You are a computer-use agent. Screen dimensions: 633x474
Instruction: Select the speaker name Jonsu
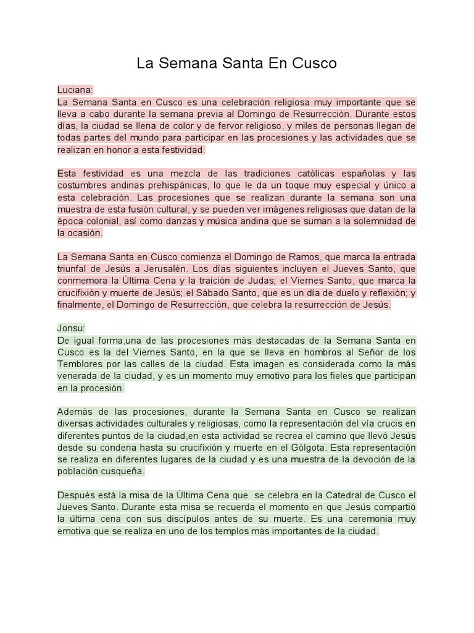pos(71,328)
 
